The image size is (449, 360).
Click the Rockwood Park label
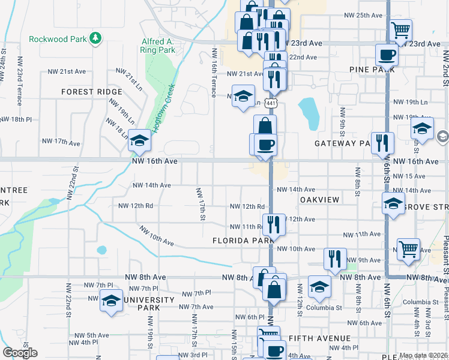click(58, 40)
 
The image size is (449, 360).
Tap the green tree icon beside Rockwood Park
click(95, 39)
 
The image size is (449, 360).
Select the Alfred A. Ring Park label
click(158, 46)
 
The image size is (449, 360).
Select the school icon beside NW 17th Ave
click(139, 140)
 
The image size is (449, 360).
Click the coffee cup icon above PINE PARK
click(387, 55)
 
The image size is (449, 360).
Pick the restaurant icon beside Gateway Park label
click(382, 142)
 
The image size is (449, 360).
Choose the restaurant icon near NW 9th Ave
click(334, 258)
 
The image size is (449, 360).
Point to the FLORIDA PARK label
click(243, 241)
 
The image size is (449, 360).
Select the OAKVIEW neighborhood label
click(319, 199)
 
